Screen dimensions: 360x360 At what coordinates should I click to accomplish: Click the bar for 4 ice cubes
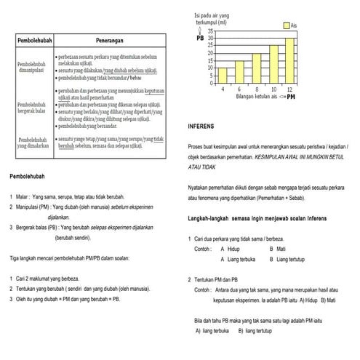222,75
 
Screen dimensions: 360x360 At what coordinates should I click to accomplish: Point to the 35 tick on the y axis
210,32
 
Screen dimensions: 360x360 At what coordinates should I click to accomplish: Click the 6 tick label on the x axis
239,88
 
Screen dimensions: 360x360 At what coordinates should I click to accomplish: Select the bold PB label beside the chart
200,38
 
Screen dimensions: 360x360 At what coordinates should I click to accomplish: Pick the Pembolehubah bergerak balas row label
32,108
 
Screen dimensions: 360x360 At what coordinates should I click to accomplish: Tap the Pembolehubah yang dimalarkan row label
32,142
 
